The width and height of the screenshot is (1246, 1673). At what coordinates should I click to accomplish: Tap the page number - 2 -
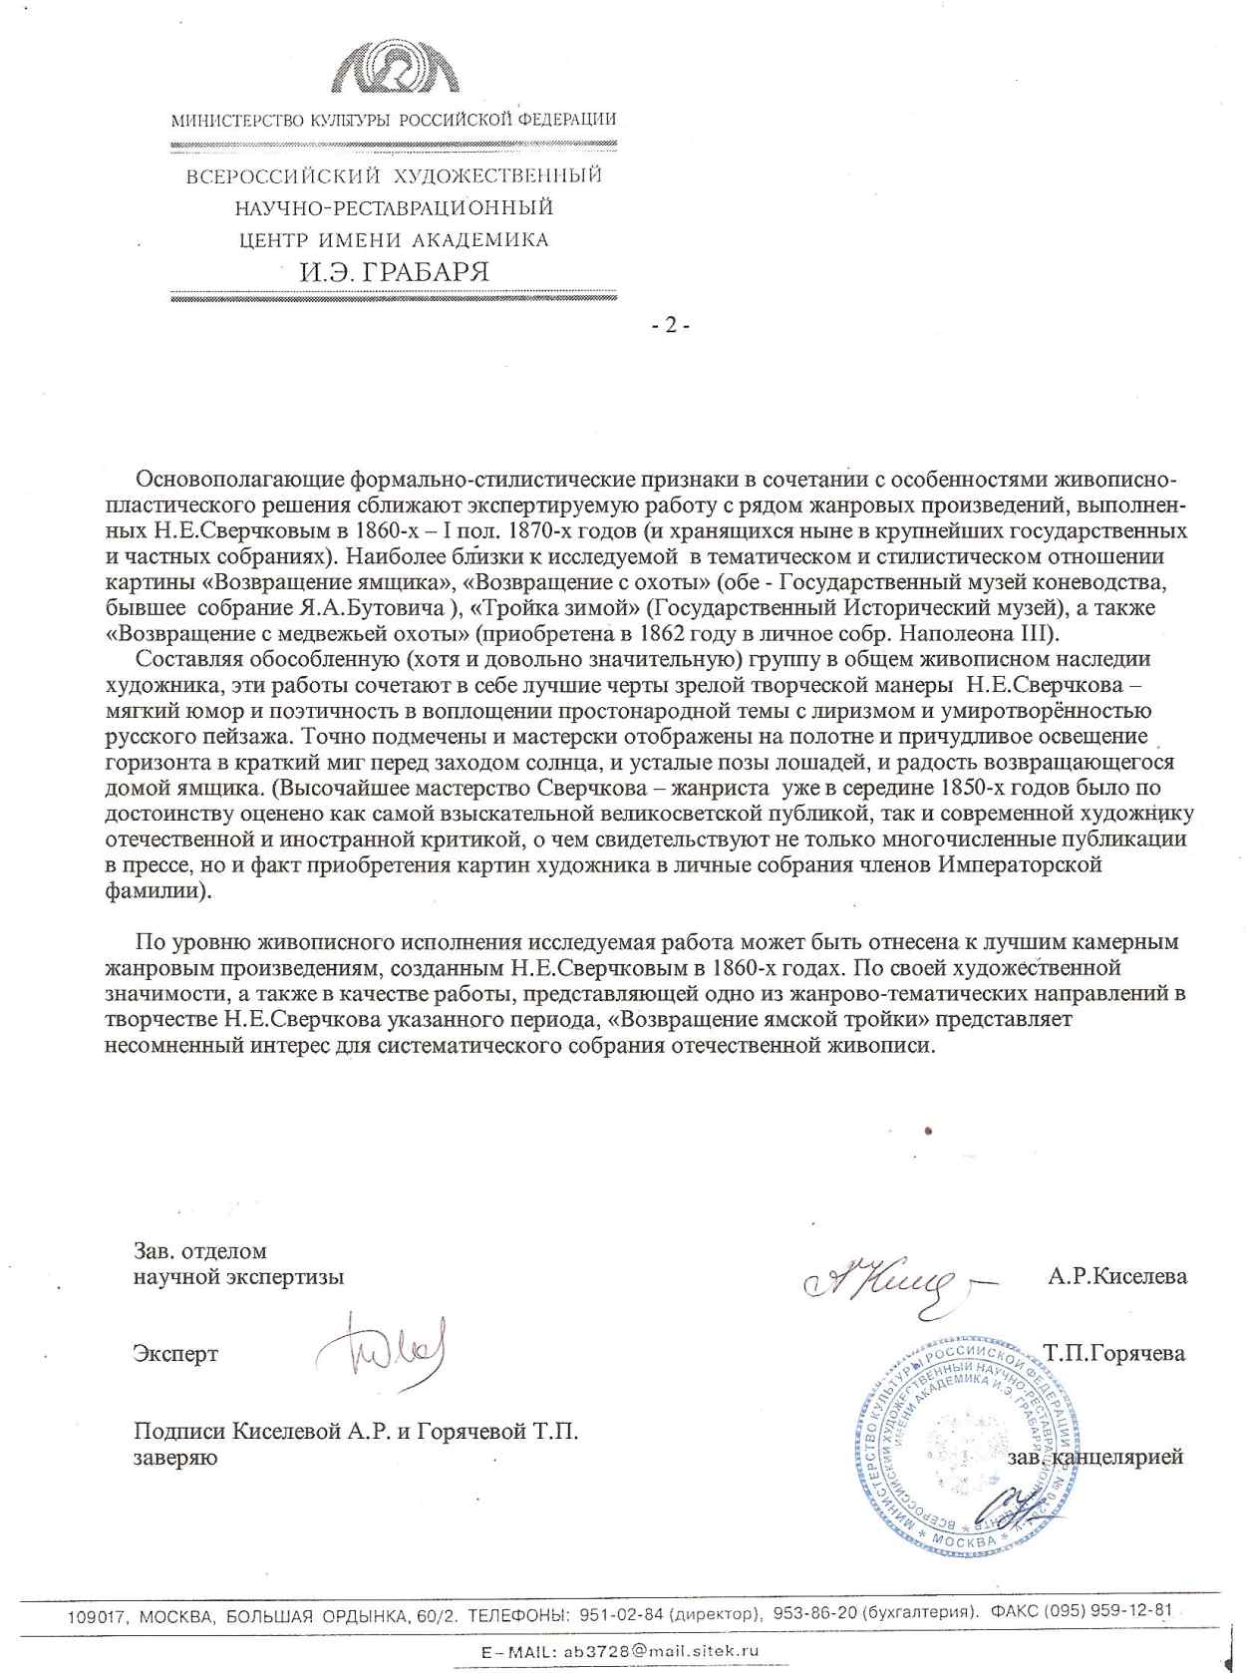[x=670, y=325]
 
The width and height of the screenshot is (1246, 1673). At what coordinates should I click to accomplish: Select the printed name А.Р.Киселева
[x=1116, y=1275]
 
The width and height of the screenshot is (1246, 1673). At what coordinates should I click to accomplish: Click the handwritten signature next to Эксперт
[x=381, y=1346]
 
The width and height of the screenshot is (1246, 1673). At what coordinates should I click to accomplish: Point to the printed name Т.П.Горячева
[x=1113, y=1353]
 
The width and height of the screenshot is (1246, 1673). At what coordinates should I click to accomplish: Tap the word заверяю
[x=175, y=1458]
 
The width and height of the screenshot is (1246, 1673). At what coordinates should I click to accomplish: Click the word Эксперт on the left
[x=175, y=1354]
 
